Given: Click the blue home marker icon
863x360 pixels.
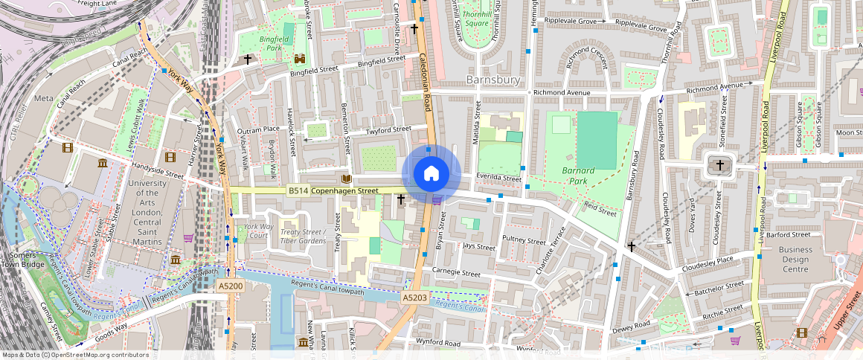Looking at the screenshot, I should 431,173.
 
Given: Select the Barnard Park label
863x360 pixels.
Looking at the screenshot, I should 578,176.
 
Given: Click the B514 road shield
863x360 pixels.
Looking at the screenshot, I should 298,191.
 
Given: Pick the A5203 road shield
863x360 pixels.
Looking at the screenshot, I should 414,298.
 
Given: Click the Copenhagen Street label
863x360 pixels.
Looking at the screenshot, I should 344,191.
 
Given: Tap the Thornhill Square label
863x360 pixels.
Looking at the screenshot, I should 476,19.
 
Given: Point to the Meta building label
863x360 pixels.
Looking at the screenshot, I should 44,98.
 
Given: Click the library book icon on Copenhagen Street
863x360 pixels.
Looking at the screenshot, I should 345,179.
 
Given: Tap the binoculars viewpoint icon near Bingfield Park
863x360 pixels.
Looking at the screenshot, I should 301,59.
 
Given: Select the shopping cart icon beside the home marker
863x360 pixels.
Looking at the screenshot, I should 437,199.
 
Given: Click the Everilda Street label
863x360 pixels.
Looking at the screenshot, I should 499,179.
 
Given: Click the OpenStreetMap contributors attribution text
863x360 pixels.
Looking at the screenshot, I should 74,355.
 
